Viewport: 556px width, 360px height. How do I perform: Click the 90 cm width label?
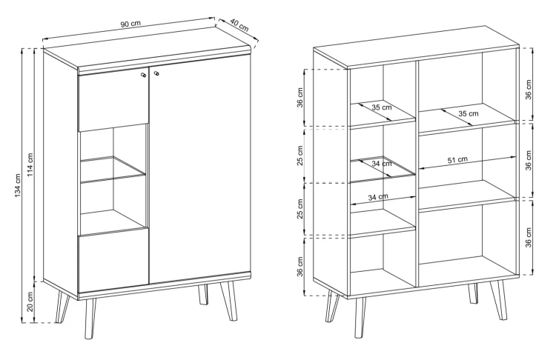[130, 24]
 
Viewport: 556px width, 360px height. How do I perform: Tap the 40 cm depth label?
[239, 24]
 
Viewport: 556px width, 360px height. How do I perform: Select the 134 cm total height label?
[19, 185]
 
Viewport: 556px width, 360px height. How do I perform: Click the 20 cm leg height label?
[30, 301]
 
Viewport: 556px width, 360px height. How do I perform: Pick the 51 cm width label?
[457, 160]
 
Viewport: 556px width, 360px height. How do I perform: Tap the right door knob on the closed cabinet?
[156, 73]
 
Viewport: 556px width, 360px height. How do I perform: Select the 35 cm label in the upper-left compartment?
[382, 107]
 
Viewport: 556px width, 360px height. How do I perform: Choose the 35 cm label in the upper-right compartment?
[469, 114]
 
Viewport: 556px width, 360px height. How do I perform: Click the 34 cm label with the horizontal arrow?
[378, 196]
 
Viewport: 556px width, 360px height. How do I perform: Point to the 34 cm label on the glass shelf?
[382, 164]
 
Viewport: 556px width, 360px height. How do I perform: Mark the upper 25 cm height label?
[300, 156]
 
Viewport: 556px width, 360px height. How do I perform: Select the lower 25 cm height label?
[300, 209]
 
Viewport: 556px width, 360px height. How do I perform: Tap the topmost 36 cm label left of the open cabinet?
[300, 98]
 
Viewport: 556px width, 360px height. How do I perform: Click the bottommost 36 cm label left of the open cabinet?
[300, 267]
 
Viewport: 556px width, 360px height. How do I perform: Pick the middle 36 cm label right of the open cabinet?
[529, 161]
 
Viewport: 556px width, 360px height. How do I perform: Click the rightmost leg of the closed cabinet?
[229, 301]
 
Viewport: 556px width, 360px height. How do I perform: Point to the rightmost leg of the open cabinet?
[499, 300]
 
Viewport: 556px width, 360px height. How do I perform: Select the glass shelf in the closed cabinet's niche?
[113, 170]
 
